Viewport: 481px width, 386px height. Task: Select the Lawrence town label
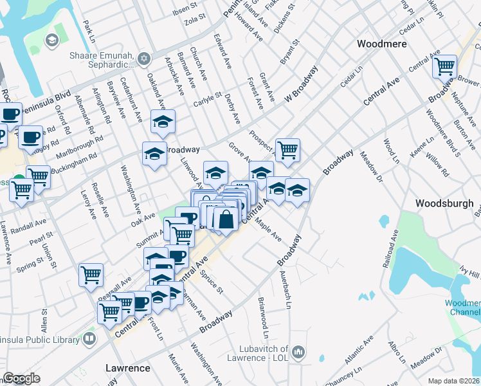127,368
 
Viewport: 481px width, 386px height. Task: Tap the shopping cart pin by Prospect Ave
287,150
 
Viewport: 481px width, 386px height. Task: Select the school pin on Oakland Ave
163,120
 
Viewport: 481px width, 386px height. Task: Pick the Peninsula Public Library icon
90,338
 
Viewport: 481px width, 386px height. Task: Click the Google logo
21,378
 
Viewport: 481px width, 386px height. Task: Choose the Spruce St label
211,282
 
